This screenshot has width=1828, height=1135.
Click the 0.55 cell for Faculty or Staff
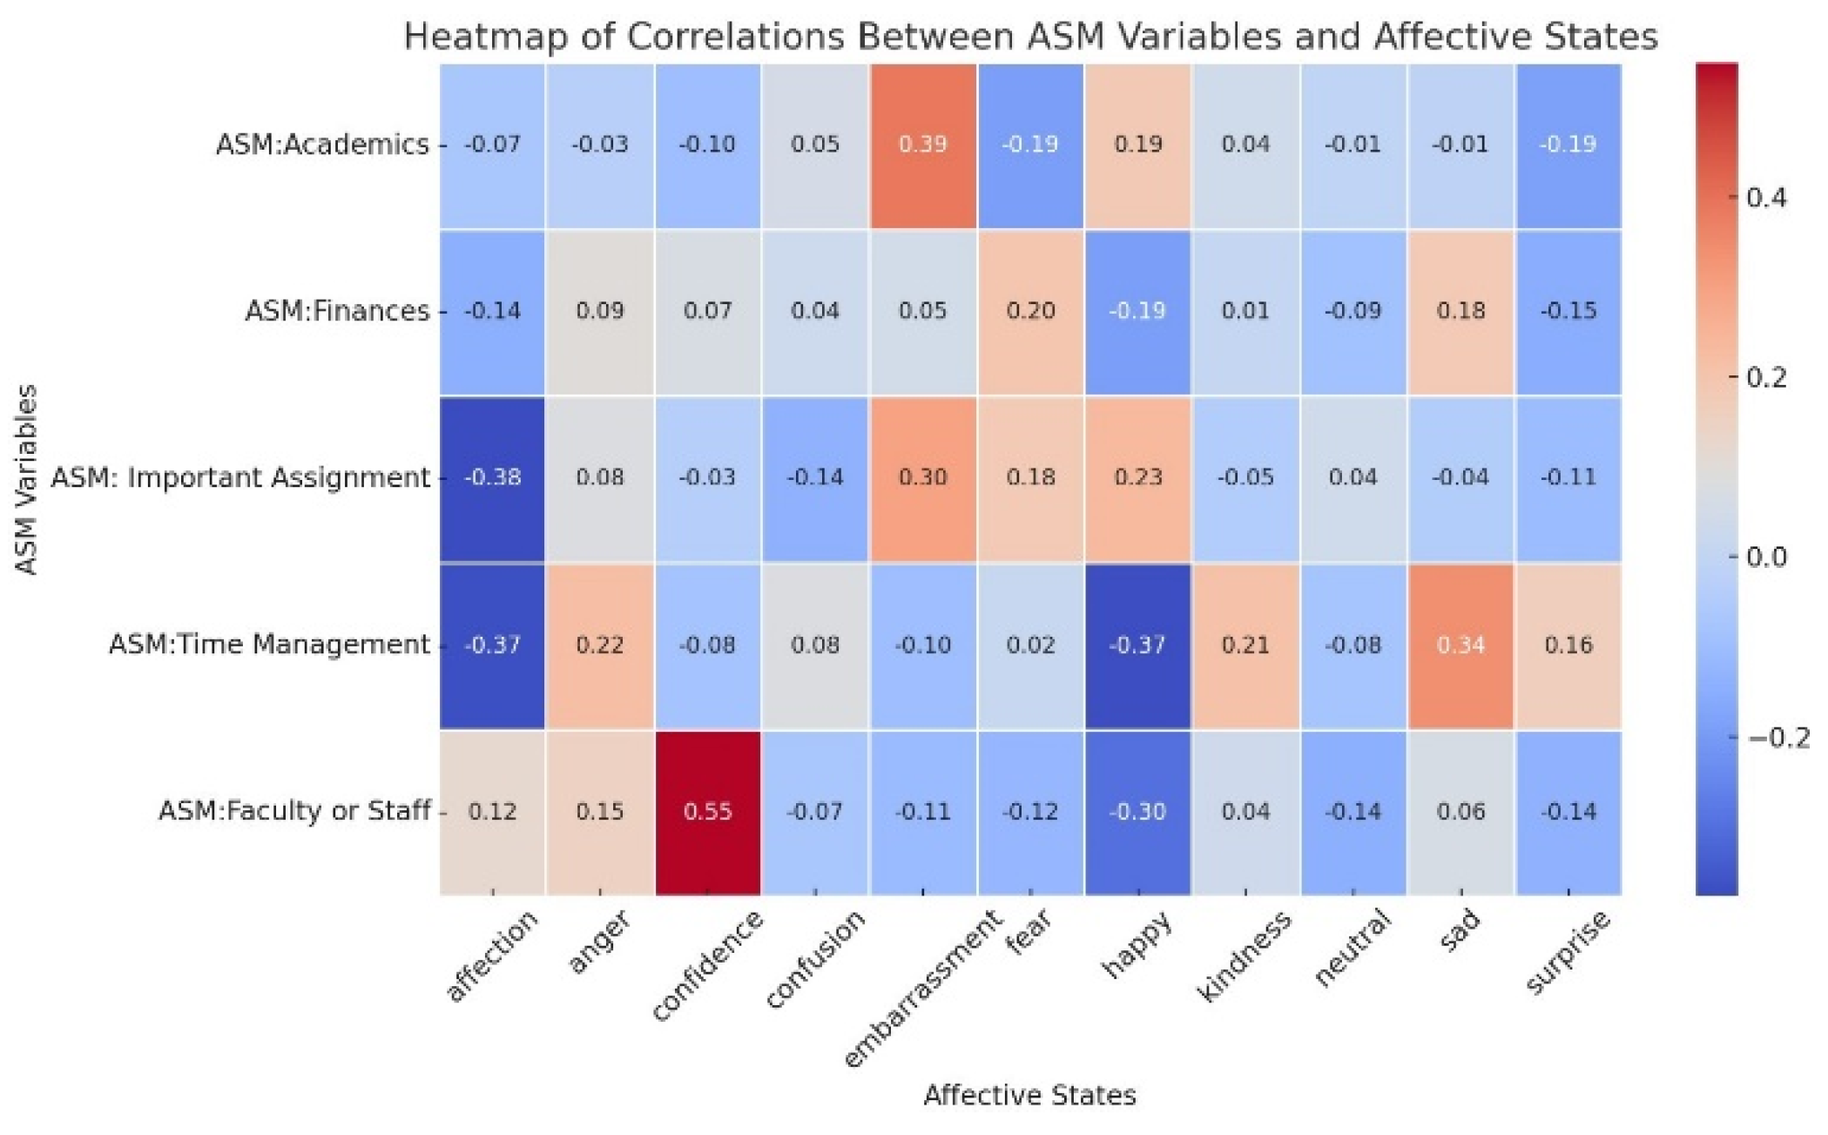[707, 812]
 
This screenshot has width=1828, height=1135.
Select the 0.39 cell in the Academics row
[922, 144]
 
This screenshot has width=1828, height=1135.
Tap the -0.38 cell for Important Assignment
[492, 477]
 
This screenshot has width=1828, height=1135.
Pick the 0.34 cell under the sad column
[1460, 645]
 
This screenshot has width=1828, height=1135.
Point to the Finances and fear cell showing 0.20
[1030, 311]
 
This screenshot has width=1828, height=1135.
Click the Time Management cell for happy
[1137, 645]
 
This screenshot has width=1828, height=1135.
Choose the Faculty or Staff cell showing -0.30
[1137, 812]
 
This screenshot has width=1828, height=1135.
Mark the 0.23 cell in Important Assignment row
[1137, 477]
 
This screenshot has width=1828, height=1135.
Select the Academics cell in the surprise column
[1568, 144]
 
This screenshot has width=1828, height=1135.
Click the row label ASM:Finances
[337, 311]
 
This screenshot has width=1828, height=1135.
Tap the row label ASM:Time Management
[269, 645]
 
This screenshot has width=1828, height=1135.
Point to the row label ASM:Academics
[322, 144]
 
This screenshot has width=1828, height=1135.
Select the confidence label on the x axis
[707, 964]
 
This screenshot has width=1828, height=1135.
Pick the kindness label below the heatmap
[1244, 956]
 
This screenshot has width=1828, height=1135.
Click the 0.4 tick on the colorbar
[1766, 198]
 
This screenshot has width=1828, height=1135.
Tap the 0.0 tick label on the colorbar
[1766, 557]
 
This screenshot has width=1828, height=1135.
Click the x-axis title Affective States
[1029, 1095]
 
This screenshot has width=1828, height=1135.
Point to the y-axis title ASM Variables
[27, 478]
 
